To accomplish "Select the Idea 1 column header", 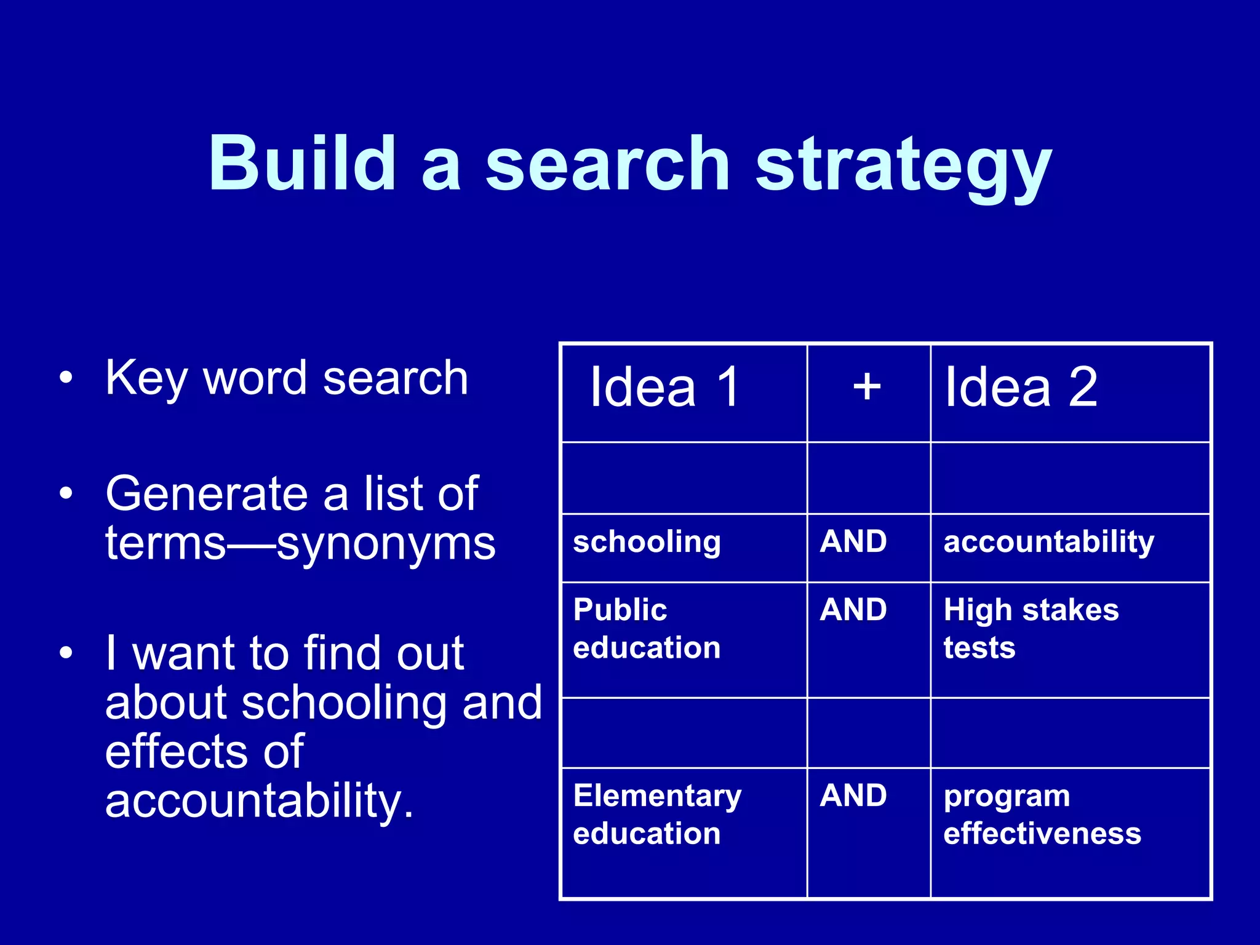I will point(664,387).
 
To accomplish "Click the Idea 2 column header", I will point(1021,387).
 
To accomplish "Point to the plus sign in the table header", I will point(867,387).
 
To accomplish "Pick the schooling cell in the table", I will point(647,542).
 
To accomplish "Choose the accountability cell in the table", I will point(1049,542).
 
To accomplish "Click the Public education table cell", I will point(647,629).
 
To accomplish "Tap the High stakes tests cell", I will point(1031,629).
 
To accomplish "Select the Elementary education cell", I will point(657,815).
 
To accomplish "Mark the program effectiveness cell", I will point(1042,815).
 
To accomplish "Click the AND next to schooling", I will point(853,541).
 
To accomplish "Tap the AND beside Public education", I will point(853,610).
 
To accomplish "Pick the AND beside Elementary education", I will point(853,795).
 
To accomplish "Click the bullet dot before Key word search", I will point(66,377).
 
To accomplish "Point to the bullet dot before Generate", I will point(66,493).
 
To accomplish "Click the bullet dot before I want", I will point(66,653).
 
